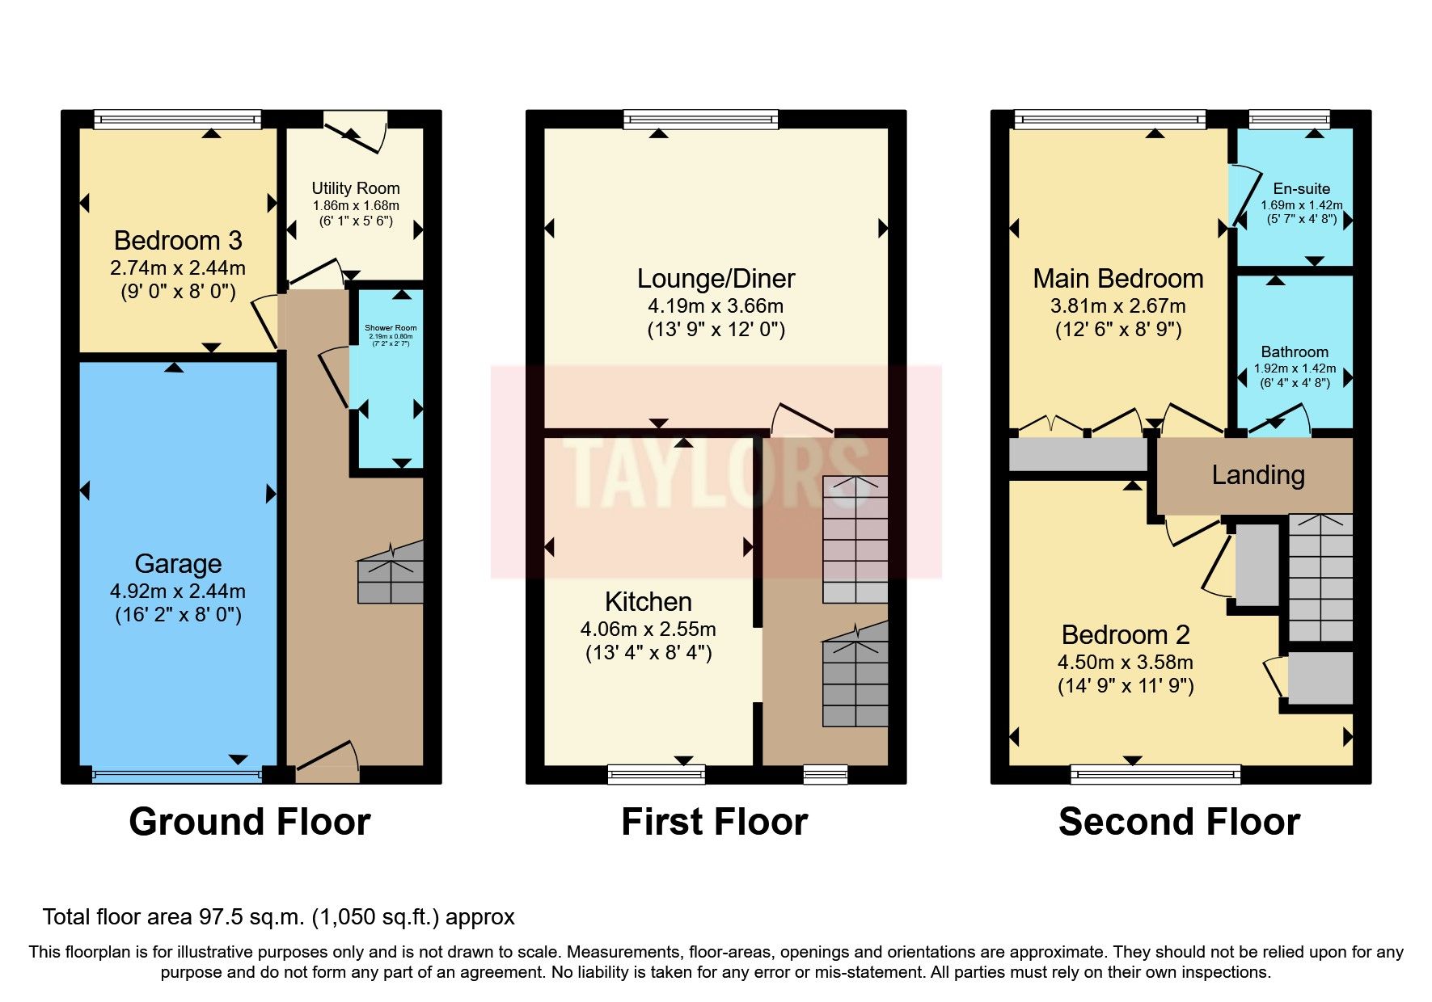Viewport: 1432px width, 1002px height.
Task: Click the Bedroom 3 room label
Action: pyautogui.click(x=178, y=241)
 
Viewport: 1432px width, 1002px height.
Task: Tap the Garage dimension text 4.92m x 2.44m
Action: pyautogui.click(x=178, y=592)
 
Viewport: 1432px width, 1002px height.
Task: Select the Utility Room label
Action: pyautogui.click(x=356, y=188)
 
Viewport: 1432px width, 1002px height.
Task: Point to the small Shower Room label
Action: pyautogui.click(x=391, y=328)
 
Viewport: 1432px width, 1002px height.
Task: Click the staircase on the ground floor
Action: pyautogui.click(x=391, y=574)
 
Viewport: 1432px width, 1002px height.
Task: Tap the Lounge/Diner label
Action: pyautogui.click(x=716, y=279)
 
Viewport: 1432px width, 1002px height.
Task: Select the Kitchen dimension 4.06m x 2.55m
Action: pyautogui.click(x=648, y=629)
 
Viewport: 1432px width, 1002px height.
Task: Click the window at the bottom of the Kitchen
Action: pyautogui.click(x=656, y=775)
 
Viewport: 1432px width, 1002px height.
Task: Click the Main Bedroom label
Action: pyautogui.click(x=1117, y=279)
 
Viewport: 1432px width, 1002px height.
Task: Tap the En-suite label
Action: pyautogui.click(x=1301, y=188)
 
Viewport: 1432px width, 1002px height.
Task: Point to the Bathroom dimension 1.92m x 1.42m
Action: pyautogui.click(x=1295, y=368)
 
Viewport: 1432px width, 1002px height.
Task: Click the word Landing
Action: pyautogui.click(x=1257, y=475)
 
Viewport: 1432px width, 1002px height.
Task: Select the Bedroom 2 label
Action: pyautogui.click(x=1125, y=635)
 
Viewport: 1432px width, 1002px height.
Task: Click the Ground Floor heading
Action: pyautogui.click(x=249, y=822)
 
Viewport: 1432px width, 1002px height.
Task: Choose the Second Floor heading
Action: pyautogui.click(x=1178, y=822)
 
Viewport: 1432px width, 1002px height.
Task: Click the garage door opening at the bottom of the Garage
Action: pyautogui.click(x=177, y=776)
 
